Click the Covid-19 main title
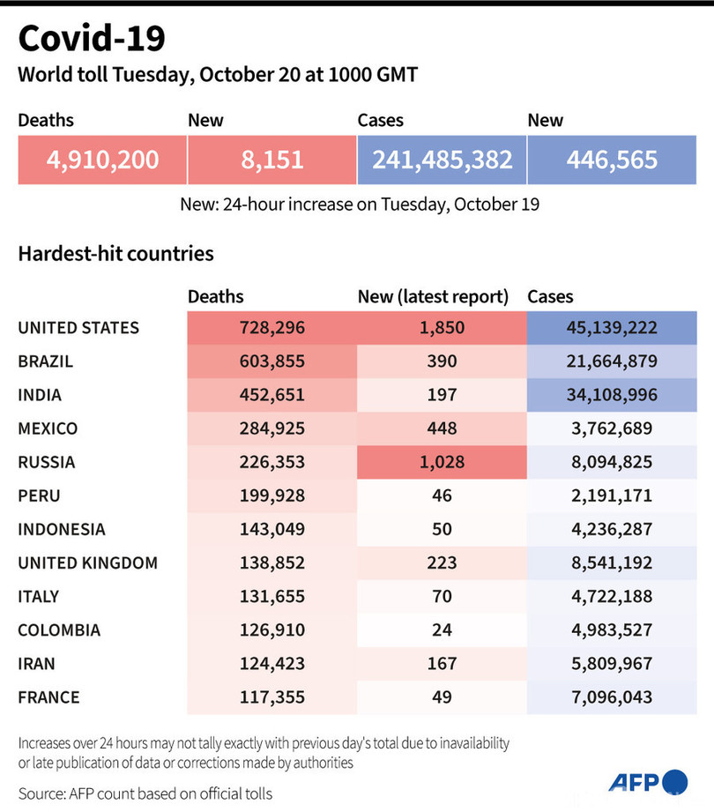[x=91, y=40]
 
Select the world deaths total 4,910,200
[x=102, y=160]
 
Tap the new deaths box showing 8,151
[x=271, y=160]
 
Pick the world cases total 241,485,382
[x=442, y=160]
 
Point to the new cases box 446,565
[x=612, y=160]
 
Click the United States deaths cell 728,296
[x=271, y=328]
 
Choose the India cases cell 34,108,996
[x=612, y=395]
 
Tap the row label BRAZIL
[x=45, y=361]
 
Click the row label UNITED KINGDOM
[x=87, y=562]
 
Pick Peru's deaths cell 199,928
[x=271, y=495]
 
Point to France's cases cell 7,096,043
[x=612, y=697]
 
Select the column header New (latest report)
[x=433, y=297]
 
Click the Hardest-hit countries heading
[x=115, y=254]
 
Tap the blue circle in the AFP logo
[x=674, y=781]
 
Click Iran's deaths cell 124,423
[x=271, y=664]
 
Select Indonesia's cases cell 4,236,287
[x=612, y=529]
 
